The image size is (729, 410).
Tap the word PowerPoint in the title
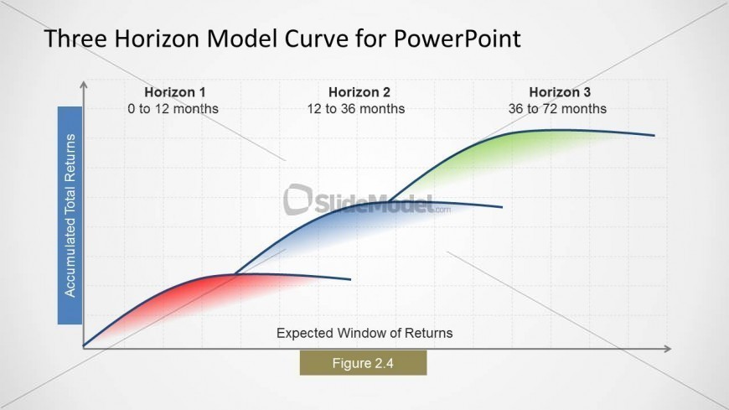pos(458,39)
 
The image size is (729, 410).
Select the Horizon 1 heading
pos(174,92)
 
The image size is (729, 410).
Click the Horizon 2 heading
pos(359,92)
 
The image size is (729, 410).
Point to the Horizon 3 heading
pos(560,92)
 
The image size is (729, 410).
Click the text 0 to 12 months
pos(173,109)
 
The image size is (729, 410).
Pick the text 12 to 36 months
pos(355,109)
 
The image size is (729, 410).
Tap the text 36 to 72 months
pos(557,109)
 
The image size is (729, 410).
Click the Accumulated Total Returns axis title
pos(70,215)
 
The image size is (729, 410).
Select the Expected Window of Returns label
pos(364,333)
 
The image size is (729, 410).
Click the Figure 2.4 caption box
pos(363,363)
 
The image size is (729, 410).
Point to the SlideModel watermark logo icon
pos(297,200)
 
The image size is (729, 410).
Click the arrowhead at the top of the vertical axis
pos(84,85)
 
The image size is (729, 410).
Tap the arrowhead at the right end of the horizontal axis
pos(668,349)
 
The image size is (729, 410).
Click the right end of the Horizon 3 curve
pos(654,136)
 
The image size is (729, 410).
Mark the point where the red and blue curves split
pos(235,274)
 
